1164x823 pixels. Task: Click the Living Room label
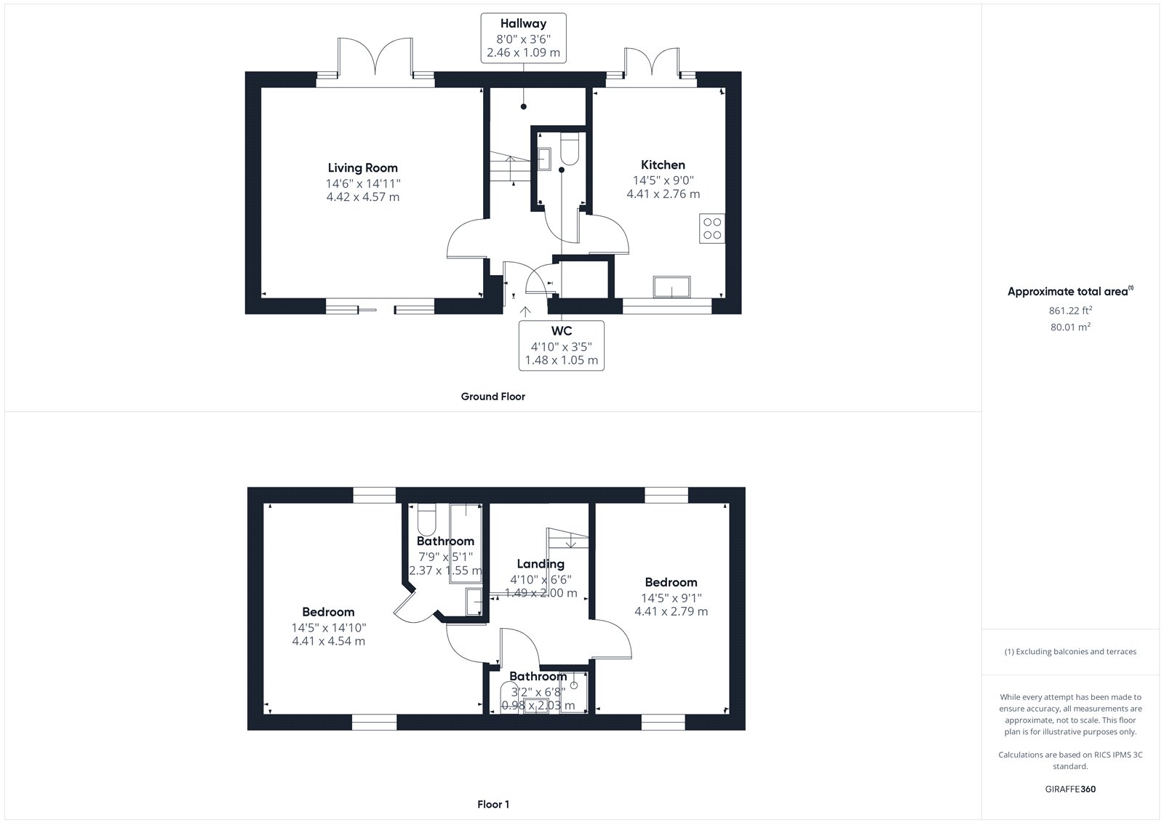362,168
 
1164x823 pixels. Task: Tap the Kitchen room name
663,164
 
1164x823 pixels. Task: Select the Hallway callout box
523,39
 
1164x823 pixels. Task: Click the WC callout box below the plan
561,346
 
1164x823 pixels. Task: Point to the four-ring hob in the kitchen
712,228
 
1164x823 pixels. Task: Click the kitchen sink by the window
672,287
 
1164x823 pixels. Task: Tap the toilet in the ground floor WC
570,148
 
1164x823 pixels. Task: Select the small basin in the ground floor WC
544,159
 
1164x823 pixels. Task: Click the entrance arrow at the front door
525,311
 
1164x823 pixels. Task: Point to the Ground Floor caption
493,397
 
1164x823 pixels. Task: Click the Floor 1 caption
493,804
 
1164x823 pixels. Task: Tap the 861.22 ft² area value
1070,311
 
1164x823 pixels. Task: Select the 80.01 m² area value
1070,327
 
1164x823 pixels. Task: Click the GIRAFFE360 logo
1070,789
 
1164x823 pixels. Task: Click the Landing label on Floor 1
541,564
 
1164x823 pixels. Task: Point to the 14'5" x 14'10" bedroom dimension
328,627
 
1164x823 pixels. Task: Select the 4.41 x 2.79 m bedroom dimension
671,611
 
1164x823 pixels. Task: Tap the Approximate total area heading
1070,291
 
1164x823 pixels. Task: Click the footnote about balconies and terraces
1070,651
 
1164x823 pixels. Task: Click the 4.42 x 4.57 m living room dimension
363,197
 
